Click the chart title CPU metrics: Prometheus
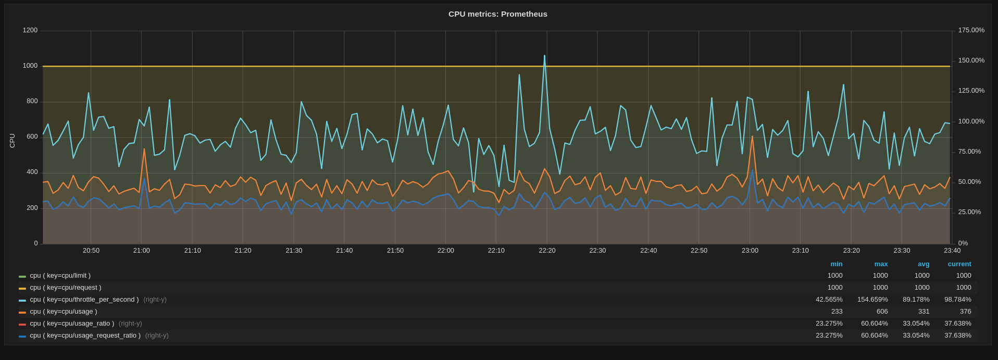click(x=497, y=14)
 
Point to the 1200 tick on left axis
click(x=30, y=30)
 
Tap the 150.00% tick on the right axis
click(x=971, y=60)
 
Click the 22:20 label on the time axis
click(x=547, y=251)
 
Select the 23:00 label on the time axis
click(x=750, y=251)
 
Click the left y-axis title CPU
click(x=12, y=141)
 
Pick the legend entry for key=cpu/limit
click(x=60, y=276)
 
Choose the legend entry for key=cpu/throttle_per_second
click(x=84, y=300)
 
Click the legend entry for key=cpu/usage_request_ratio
click(x=85, y=336)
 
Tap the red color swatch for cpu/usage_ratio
click(x=22, y=324)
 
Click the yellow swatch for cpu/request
click(x=22, y=288)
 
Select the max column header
click(x=881, y=264)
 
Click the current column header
click(x=959, y=264)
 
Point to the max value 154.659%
click(x=872, y=300)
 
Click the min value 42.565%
click(x=829, y=300)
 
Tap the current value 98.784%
click(x=957, y=300)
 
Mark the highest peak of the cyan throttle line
click(x=545, y=56)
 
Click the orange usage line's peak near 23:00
click(x=752, y=136)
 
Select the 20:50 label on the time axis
click(x=91, y=251)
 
